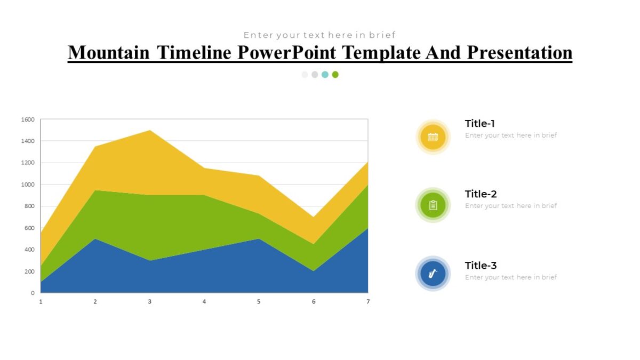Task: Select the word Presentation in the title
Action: [519, 52]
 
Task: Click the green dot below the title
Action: [335, 75]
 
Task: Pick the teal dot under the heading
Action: [325, 75]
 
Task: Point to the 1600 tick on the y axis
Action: [29, 119]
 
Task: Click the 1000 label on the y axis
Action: [29, 185]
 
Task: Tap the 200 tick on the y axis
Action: [30, 271]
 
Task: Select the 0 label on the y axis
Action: [33, 293]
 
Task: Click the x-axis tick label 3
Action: [150, 302]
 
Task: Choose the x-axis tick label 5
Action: [259, 302]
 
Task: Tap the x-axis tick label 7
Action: [367, 302]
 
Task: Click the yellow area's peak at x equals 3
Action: [150, 131]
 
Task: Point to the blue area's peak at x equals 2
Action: [95, 239]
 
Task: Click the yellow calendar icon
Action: [433, 137]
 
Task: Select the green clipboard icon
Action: [433, 205]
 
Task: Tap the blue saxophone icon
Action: [433, 274]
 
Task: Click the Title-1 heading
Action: [480, 124]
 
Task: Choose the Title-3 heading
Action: [481, 266]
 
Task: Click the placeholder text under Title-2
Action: [510, 206]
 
